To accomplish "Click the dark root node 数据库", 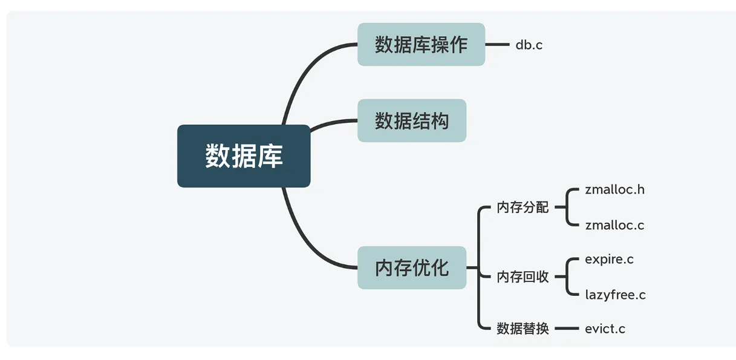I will (x=244, y=156).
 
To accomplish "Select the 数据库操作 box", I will (x=421, y=44).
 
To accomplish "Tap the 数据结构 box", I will (x=412, y=120).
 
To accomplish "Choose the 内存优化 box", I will (x=412, y=267).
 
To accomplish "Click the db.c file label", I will (x=529, y=45).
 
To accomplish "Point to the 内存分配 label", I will (x=523, y=208).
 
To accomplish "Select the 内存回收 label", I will (x=523, y=277).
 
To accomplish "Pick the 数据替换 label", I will (x=523, y=329).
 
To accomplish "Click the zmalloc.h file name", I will (x=614, y=189).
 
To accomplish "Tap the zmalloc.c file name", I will (x=614, y=225).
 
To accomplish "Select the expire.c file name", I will (x=610, y=260).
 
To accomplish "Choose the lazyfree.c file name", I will (x=616, y=295).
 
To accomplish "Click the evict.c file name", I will (x=605, y=329).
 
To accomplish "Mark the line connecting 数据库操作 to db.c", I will (x=498, y=44).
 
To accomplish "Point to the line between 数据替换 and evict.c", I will (x=567, y=329).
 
